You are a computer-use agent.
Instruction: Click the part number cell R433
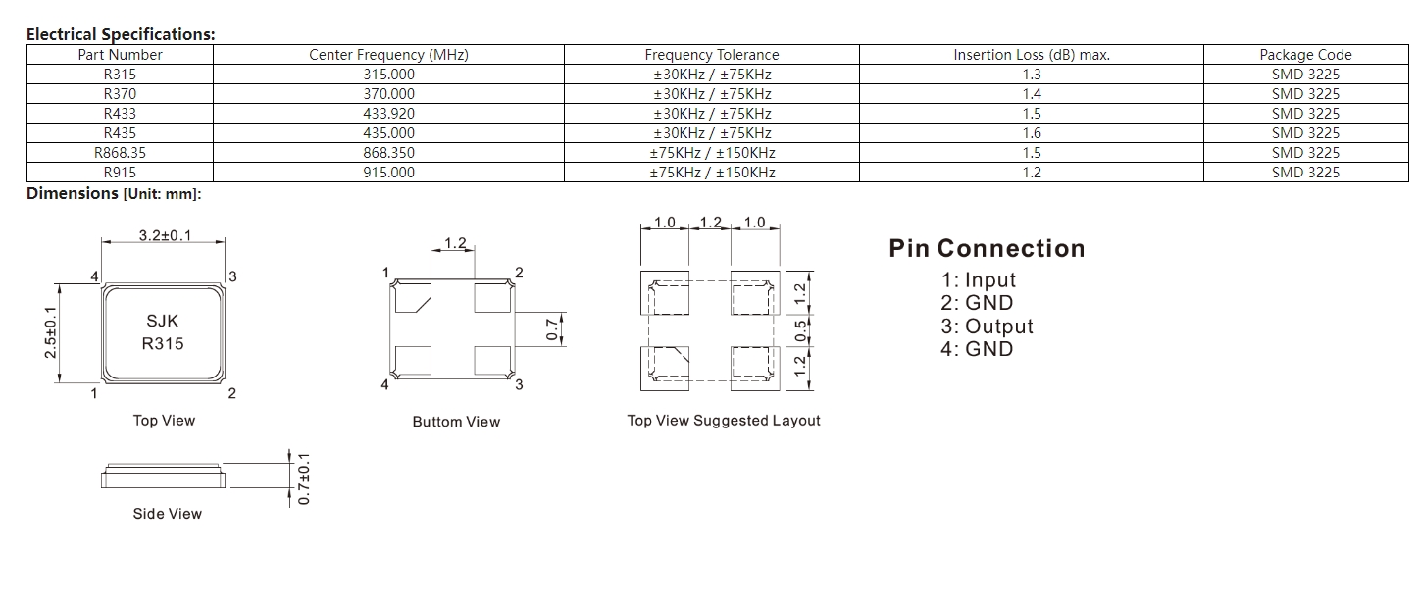coord(120,114)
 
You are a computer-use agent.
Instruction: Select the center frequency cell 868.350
coord(388,153)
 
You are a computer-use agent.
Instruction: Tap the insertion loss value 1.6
coord(1031,133)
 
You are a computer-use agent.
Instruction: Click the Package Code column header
coord(1305,55)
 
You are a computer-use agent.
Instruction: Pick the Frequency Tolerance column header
coord(711,55)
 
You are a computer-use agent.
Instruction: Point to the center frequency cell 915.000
coord(388,173)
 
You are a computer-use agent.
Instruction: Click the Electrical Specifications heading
coord(121,34)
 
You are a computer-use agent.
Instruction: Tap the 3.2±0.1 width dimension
coord(165,236)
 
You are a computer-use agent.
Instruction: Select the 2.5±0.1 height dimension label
coord(50,332)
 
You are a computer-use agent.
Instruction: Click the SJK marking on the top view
coord(163,321)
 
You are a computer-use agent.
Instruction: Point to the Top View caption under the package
coord(164,421)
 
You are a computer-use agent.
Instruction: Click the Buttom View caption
coord(456,422)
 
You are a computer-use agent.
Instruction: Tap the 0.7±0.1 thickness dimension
coord(304,478)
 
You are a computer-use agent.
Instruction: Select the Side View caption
coord(168,514)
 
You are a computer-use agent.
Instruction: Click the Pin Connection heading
coord(987,248)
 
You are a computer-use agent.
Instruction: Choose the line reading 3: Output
coord(987,327)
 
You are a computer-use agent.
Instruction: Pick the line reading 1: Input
coord(978,280)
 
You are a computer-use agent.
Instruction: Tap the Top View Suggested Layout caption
coord(724,421)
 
